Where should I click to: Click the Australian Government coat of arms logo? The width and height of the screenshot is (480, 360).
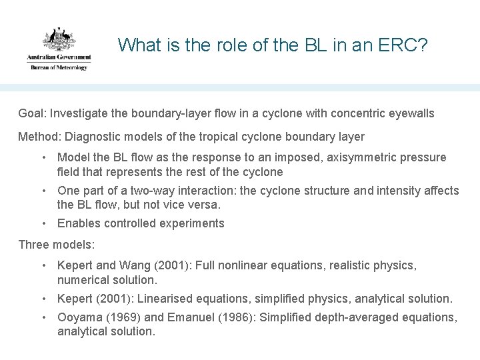59,41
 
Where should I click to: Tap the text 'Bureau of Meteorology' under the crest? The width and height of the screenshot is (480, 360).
57,67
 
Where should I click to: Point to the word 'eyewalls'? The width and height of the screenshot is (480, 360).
413,113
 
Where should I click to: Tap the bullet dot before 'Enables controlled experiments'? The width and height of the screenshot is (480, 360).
43,223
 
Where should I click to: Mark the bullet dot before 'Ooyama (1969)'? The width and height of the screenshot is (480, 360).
43,318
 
